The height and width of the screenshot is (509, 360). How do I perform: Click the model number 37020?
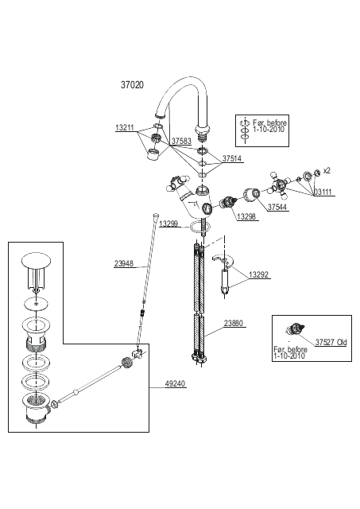132,85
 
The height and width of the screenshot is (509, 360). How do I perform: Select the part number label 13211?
125,128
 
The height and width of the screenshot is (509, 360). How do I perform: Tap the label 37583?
181,142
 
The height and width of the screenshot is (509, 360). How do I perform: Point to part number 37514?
231,159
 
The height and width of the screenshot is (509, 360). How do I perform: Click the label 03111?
323,192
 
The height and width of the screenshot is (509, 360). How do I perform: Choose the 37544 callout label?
277,207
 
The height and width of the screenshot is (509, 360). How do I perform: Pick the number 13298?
246,216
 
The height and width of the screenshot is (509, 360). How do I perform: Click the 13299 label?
168,223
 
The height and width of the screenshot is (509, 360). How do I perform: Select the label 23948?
123,263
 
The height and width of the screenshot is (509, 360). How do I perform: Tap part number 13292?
258,275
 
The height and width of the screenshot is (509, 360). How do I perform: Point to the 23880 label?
234,324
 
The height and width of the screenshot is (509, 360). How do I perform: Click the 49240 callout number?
175,383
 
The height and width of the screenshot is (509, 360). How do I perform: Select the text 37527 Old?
331,342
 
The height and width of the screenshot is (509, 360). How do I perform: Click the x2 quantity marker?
327,170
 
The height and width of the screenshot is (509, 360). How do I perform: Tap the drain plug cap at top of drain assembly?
37,260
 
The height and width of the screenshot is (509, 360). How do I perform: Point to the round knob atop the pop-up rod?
157,216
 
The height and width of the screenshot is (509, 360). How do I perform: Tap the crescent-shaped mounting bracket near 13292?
223,261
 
